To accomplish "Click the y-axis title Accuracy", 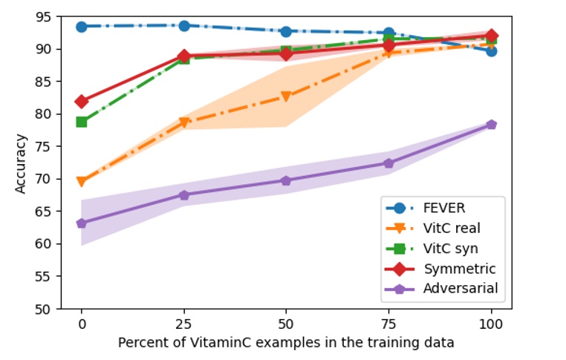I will [x=21, y=163].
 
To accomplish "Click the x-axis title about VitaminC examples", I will [x=286, y=343].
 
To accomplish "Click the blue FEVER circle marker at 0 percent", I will [x=82, y=26].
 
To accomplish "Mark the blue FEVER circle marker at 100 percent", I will [x=491, y=51].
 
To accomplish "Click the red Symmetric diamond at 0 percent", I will [x=82, y=101].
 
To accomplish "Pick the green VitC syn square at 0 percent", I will [x=82, y=122].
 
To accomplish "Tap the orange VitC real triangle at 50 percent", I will [x=286, y=96].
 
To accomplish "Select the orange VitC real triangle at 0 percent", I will [x=82, y=182].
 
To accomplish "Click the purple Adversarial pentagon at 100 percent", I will [x=491, y=125].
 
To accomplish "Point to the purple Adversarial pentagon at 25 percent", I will [x=184, y=194].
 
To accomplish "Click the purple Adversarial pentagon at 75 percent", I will [x=388, y=163].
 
